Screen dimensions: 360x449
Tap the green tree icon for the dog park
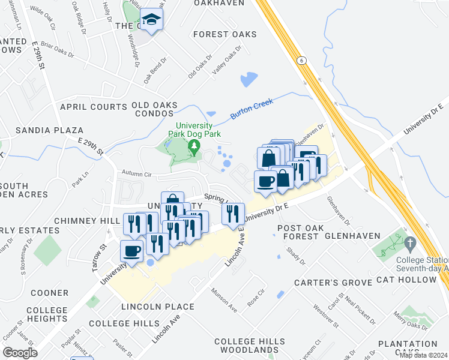click(193, 147)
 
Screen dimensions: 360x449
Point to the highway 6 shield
click(301, 60)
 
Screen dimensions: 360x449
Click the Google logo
click(20, 352)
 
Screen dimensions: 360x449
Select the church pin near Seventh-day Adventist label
click(411, 244)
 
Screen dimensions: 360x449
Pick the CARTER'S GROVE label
click(328, 283)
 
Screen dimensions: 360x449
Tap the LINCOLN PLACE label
click(158, 307)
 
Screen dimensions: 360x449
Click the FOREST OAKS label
click(225, 34)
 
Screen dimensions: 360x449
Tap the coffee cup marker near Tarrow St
click(132, 251)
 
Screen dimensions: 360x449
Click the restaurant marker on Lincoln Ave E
click(233, 213)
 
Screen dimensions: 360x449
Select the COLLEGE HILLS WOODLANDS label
click(250, 345)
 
